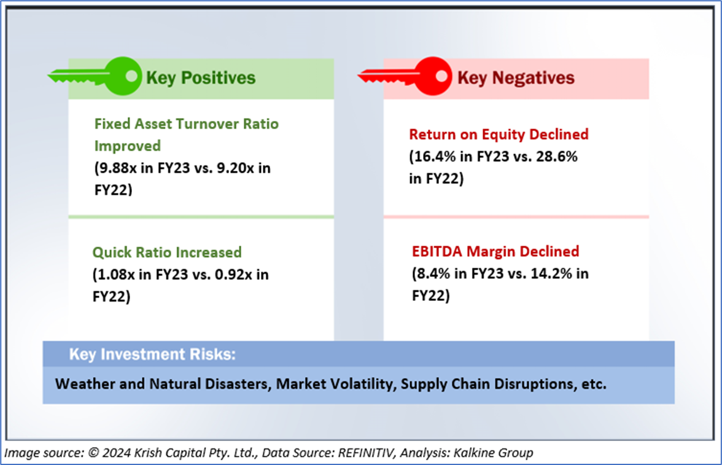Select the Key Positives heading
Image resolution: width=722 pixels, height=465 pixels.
pos(200,77)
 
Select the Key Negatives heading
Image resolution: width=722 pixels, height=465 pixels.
pos(516,78)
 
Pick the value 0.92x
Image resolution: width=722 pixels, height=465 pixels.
pos(234,275)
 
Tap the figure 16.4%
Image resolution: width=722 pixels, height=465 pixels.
pos(432,157)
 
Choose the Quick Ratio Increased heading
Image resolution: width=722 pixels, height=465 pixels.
pos(167,252)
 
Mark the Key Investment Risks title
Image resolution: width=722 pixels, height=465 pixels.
pos(152,354)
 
